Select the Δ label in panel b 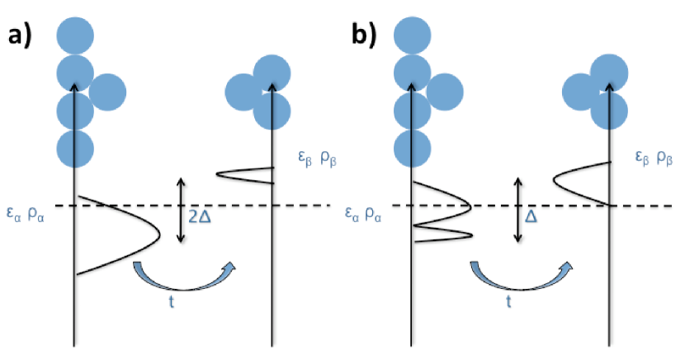pyautogui.click(x=531, y=214)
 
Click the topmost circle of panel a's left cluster pyautogui.click(x=75, y=36)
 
